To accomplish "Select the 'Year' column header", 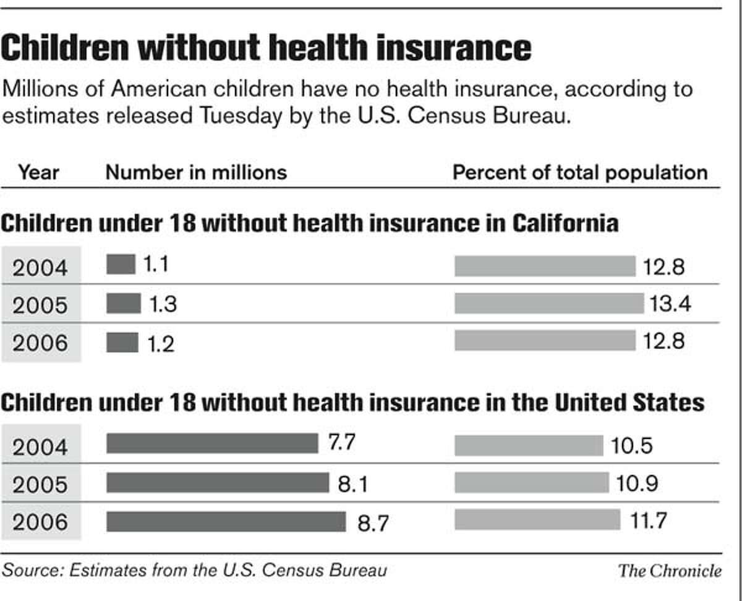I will (x=38, y=172).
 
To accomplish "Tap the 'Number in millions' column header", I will (x=196, y=172).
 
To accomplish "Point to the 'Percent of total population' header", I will (x=579, y=172).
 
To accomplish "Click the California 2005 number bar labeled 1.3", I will (x=123, y=304).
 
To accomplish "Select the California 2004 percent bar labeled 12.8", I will (x=544, y=266).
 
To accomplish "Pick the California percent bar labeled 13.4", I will (x=548, y=304).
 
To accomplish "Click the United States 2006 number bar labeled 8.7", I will (x=226, y=521).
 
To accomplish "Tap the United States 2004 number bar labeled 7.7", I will (x=211, y=443).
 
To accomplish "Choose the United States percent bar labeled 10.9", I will (x=531, y=482).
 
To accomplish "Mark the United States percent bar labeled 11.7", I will (x=537, y=519).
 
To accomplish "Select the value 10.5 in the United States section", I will (x=631, y=445).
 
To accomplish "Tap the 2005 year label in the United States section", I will (x=40, y=484).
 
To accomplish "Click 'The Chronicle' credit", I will (x=670, y=569).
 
